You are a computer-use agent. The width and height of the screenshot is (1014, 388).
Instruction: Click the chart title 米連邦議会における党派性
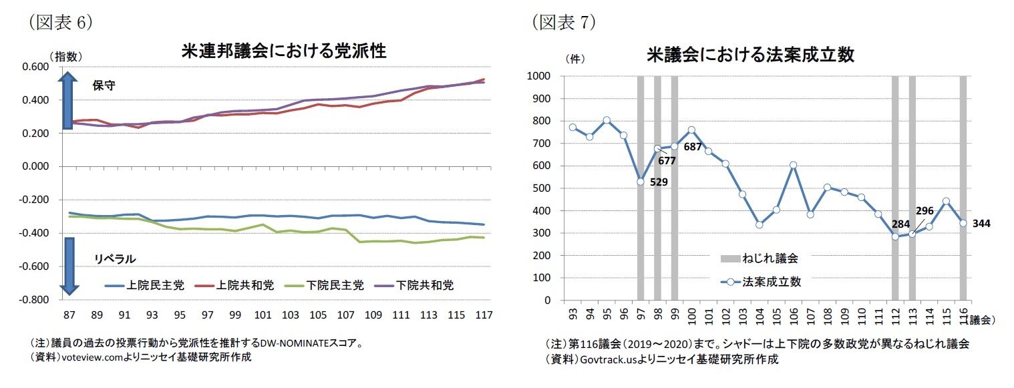coord(284,51)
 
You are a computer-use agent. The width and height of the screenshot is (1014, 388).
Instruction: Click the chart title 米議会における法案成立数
coord(750,55)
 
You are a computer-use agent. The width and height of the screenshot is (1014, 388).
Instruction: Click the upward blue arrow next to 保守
coord(68,100)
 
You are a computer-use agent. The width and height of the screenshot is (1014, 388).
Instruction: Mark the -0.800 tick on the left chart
coord(37,300)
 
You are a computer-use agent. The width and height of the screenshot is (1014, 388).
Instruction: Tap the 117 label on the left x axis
coord(484,314)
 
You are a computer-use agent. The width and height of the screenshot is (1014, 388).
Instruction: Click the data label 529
coord(659,181)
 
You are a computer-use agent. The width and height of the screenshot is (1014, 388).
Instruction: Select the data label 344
coord(981,224)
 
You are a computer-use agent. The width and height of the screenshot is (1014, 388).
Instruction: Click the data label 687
coord(693,146)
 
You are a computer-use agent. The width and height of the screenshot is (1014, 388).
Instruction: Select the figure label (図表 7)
coord(564,22)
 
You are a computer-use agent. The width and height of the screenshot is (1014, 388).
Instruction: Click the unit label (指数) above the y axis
coord(65,57)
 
